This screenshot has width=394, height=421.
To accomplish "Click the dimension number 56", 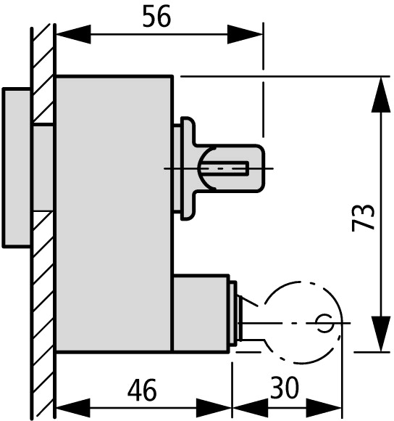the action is [156, 17].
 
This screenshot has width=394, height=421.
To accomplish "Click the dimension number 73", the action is [363, 218].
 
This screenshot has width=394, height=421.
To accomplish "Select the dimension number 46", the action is [142, 389].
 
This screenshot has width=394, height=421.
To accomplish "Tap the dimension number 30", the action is [285, 388].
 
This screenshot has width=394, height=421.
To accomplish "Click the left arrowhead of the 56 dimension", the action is [74, 34].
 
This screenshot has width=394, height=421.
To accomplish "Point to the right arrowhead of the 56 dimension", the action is [245, 34].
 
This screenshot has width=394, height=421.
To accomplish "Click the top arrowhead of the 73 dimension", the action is [381, 95].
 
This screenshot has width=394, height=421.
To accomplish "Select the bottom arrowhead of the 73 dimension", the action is [381, 334].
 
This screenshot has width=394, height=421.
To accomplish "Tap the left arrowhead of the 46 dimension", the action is [73, 408].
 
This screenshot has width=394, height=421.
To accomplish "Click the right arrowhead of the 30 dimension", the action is [324, 408].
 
